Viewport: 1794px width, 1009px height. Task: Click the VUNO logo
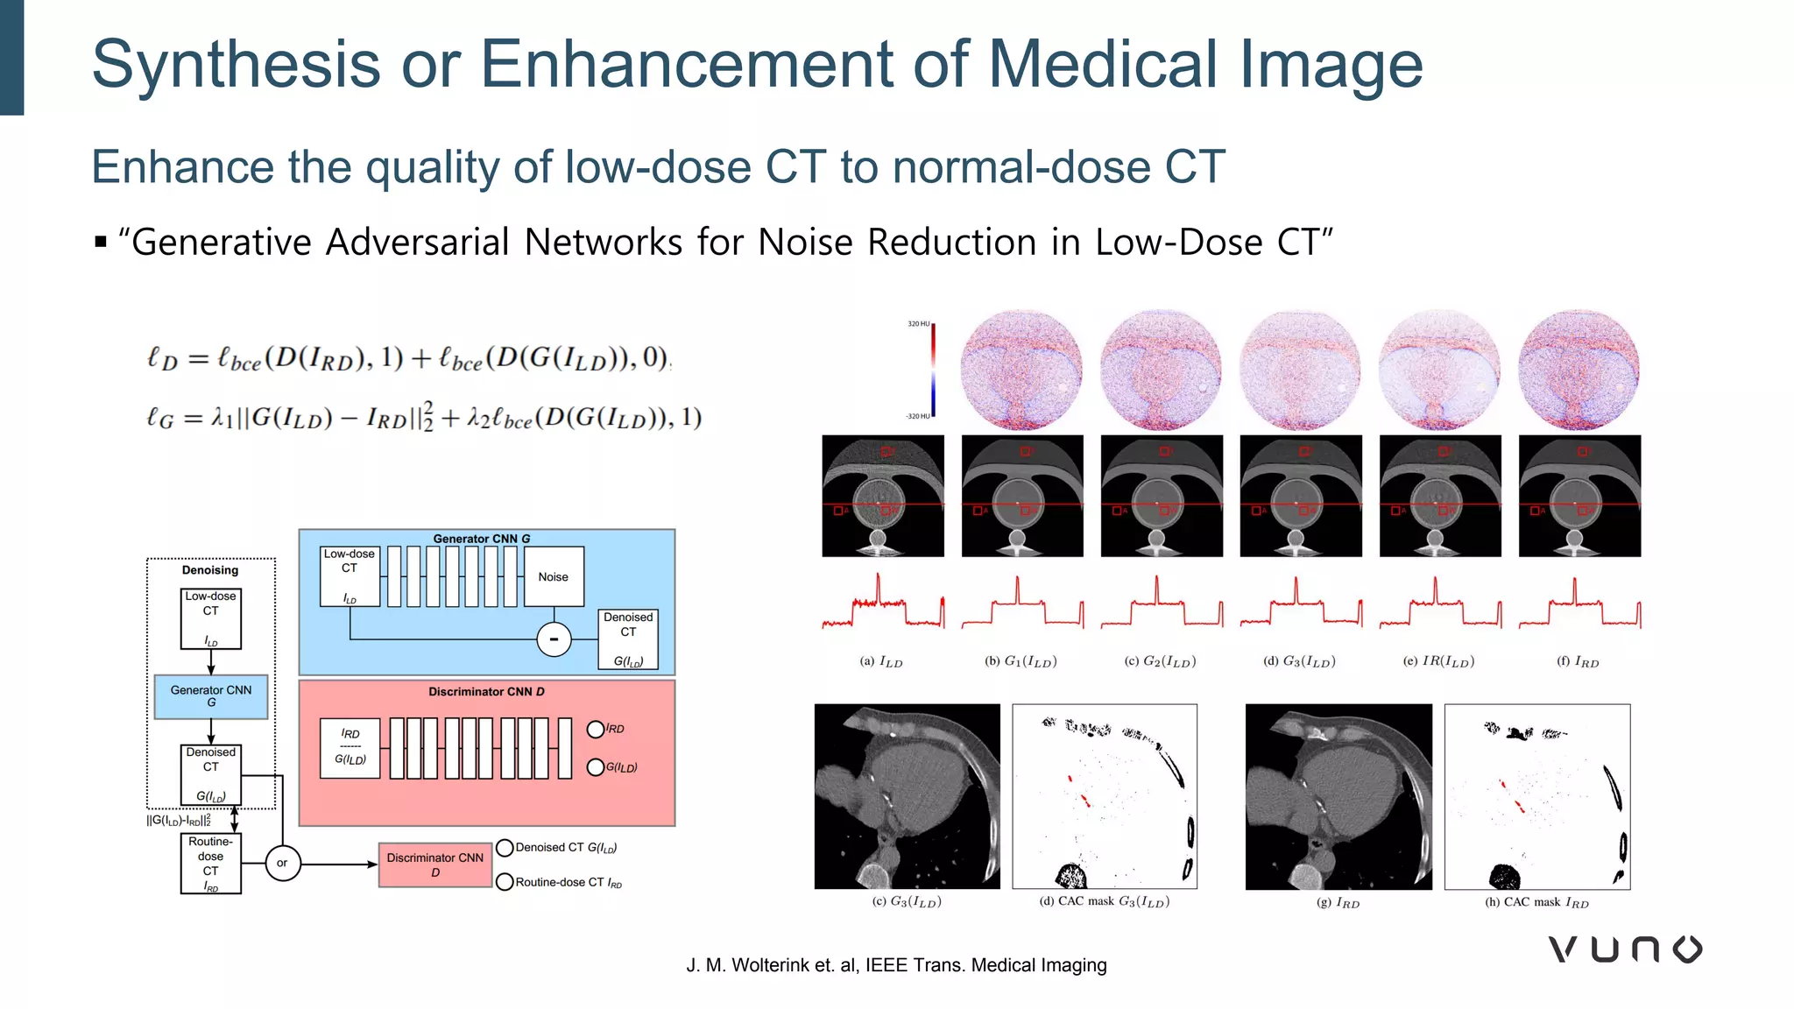[1625, 949]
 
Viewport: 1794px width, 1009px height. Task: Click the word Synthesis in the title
[237, 65]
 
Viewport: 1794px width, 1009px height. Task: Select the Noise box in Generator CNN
[554, 576]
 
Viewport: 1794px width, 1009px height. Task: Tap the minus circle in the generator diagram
[554, 639]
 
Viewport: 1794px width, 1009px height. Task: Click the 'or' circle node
[282, 863]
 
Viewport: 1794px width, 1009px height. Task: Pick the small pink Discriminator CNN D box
[434, 864]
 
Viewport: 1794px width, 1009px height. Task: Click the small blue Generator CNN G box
[211, 696]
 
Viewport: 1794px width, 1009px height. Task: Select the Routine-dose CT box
[210, 864]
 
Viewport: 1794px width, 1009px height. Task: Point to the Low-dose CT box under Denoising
[210, 618]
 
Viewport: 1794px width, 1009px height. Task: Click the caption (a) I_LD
[880, 662]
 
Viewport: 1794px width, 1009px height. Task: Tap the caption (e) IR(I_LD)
[1439, 661]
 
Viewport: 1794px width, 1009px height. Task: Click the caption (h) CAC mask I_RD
[1536, 902]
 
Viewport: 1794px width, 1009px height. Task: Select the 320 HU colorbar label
[918, 324]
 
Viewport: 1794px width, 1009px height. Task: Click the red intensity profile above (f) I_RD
[1579, 605]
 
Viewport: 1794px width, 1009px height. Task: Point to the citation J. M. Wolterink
[895, 965]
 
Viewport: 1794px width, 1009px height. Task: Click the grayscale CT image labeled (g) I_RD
[1338, 797]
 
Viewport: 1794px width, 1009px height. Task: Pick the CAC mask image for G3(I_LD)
[1105, 797]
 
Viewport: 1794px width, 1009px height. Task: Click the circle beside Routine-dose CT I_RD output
[505, 882]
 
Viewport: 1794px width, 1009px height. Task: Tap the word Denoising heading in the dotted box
[210, 570]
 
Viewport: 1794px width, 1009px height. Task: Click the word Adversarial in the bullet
[417, 243]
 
